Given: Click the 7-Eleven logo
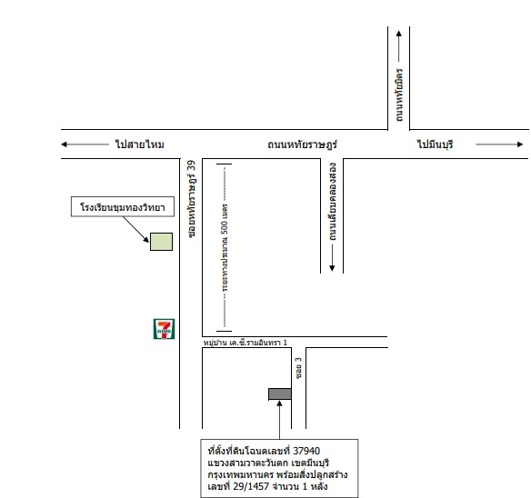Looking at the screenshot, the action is [x=165, y=329].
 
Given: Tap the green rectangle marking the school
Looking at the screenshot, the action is [x=161, y=242].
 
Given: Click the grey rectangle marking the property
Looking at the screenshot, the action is [x=280, y=394].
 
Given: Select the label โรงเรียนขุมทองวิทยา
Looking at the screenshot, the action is [x=123, y=207].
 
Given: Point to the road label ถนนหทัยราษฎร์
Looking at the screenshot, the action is [x=302, y=144].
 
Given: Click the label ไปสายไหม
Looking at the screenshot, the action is [x=139, y=144].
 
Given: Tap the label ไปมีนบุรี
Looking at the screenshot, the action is [x=435, y=144].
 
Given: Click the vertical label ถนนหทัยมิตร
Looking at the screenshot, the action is [x=399, y=95].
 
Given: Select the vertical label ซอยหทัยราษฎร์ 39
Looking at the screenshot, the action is [x=192, y=199].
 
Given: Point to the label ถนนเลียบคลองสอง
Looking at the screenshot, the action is [x=333, y=202].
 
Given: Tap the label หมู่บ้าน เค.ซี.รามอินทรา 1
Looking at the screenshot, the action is [x=245, y=343].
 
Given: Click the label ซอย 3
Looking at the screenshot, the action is [x=298, y=368].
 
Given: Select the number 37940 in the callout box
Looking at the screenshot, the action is [x=306, y=451].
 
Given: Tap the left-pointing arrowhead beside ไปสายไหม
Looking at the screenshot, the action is [x=64, y=144].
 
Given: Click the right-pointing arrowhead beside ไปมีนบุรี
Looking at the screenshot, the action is [x=520, y=144].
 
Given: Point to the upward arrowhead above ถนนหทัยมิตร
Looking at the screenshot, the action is [x=399, y=34].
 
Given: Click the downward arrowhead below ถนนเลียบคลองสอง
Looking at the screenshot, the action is [x=332, y=268].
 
